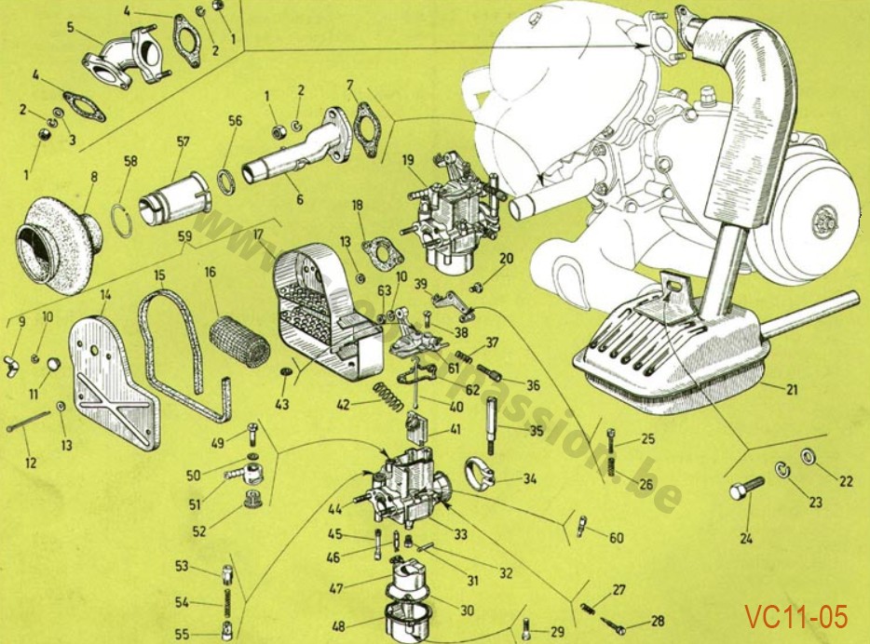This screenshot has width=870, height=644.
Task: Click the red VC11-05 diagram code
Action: (795, 616)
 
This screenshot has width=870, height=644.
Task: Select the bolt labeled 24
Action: (748, 488)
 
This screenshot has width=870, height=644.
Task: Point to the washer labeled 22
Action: (809, 457)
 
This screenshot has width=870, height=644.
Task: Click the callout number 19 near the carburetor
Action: (408, 160)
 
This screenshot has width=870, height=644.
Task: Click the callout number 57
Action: (183, 142)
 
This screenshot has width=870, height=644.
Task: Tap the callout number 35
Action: (537, 431)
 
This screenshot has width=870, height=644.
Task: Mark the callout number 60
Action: (616, 538)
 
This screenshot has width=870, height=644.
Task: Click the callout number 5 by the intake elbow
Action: (71, 27)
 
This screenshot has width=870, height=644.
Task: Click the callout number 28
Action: (658, 621)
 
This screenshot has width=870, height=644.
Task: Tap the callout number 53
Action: (182, 566)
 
